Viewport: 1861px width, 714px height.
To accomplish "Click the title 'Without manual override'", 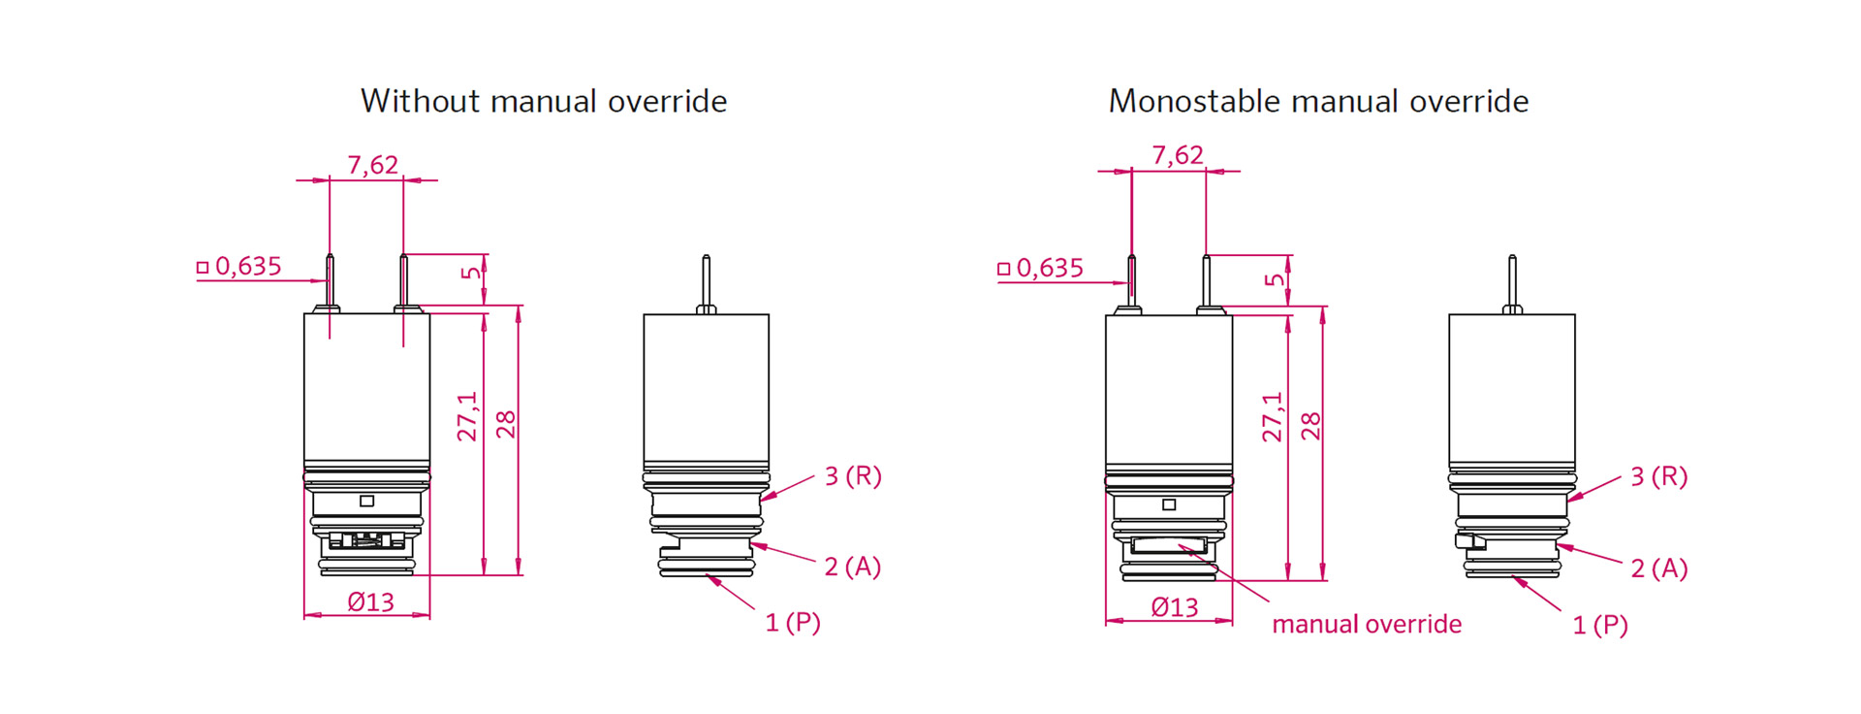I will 544,101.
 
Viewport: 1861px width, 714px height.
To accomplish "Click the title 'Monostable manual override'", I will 1318,101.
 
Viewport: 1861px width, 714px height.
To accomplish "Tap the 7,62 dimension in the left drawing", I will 373,165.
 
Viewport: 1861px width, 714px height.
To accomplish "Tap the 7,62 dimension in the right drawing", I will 1178,155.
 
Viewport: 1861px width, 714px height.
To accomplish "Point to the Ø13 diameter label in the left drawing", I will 371,602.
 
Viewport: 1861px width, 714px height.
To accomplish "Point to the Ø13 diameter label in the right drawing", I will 1175,607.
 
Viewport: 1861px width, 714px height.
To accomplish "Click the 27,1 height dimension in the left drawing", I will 468,417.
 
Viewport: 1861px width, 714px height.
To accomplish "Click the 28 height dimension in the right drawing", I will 1310,425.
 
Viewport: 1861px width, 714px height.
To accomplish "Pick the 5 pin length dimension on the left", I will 471,273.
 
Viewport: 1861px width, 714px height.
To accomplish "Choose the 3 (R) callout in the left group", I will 853,476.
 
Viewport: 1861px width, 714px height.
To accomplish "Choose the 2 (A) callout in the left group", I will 853,567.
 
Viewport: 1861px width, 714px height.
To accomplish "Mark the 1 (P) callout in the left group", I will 793,623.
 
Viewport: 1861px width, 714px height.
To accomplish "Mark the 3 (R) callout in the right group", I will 1658,476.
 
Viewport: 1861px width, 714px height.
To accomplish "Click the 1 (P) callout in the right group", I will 1599,626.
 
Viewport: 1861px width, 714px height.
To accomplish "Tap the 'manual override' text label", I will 1367,624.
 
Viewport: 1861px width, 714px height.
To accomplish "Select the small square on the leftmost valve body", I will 366,501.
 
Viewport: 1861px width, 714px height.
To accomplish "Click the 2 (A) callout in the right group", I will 1658,568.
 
